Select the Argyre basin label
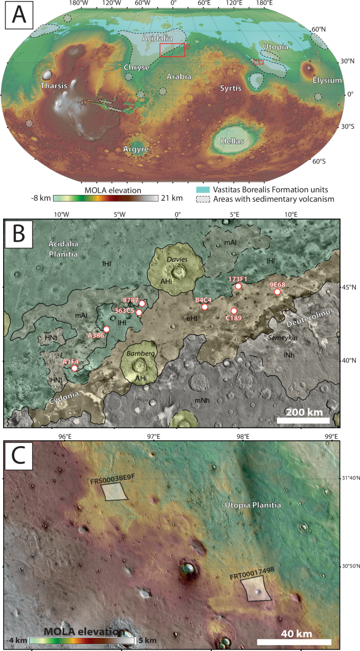136,150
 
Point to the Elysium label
327,80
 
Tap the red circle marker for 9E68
277,292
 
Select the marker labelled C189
234,311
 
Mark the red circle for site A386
106,329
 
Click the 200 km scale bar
303,420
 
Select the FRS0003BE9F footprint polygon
114,492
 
